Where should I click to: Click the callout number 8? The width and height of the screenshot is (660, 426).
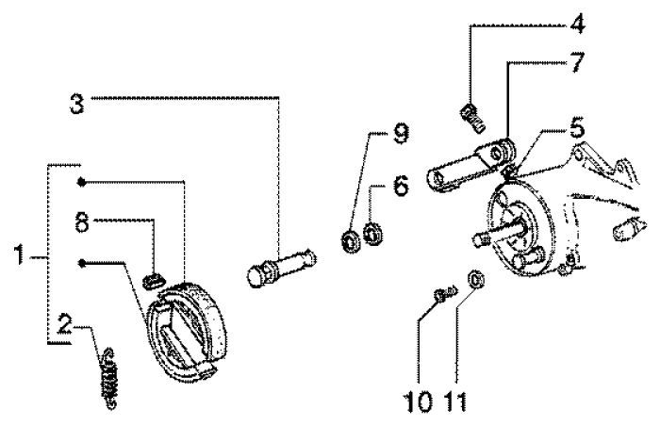[x=83, y=222]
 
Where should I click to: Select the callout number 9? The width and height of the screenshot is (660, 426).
[x=401, y=136]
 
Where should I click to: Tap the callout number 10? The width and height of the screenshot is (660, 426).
[x=426, y=401]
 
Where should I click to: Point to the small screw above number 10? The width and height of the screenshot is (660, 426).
[x=439, y=297]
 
